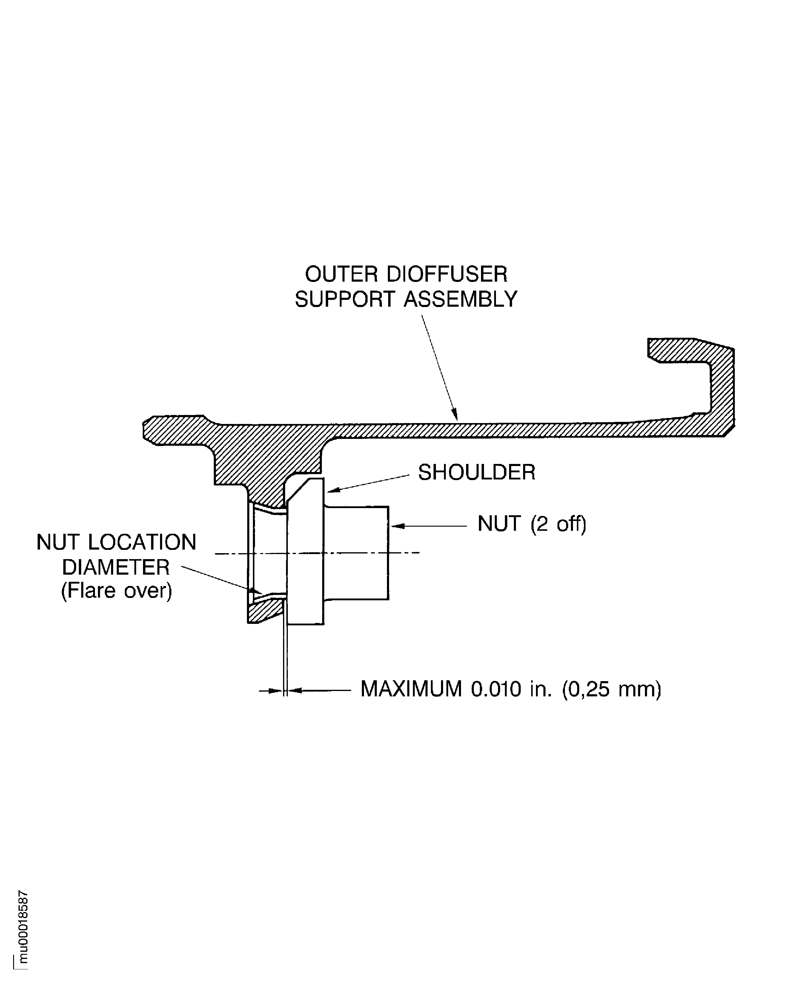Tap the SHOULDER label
476,472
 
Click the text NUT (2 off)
531,524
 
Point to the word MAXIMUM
411,689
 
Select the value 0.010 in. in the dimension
511,689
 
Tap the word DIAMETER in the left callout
116,567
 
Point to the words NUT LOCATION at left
116,543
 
